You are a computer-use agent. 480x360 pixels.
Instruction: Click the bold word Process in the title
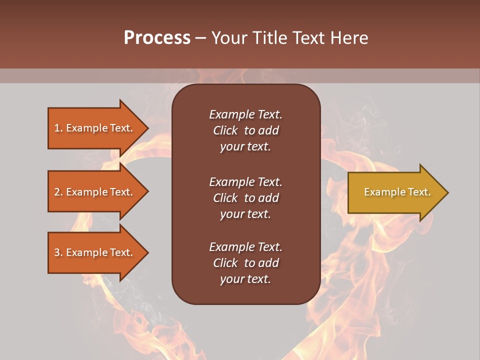click(x=157, y=38)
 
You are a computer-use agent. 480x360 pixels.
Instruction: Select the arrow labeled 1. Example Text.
click(x=95, y=128)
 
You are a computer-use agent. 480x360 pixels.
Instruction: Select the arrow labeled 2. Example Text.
click(x=95, y=191)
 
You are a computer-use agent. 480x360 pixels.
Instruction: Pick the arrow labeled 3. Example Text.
click(x=95, y=252)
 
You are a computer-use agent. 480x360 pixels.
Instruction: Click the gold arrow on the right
click(x=395, y=192)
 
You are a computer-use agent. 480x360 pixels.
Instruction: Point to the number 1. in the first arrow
click(x=58, y=128)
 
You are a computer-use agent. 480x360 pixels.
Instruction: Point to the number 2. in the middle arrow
click(x=58, y=191)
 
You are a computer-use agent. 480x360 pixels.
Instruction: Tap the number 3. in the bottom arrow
click(x=58, y=252)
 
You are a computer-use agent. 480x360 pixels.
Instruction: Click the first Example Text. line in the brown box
click(x=245, y=114)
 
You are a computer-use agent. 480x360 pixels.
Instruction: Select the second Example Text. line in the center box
click(x=245, y=182)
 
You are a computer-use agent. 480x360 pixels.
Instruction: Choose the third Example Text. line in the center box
click(x=245, y=247)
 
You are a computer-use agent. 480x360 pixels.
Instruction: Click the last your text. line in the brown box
click(x=245, y=279)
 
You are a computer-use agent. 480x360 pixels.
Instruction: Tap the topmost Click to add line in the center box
click(x=245, y=130)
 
